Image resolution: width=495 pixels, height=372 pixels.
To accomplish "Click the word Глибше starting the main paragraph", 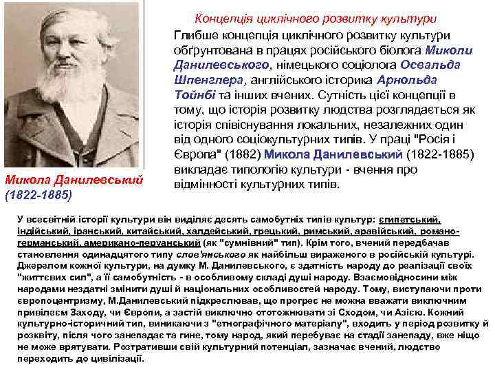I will (192, 35).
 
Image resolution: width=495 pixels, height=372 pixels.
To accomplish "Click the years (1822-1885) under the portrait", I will (38, 195).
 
